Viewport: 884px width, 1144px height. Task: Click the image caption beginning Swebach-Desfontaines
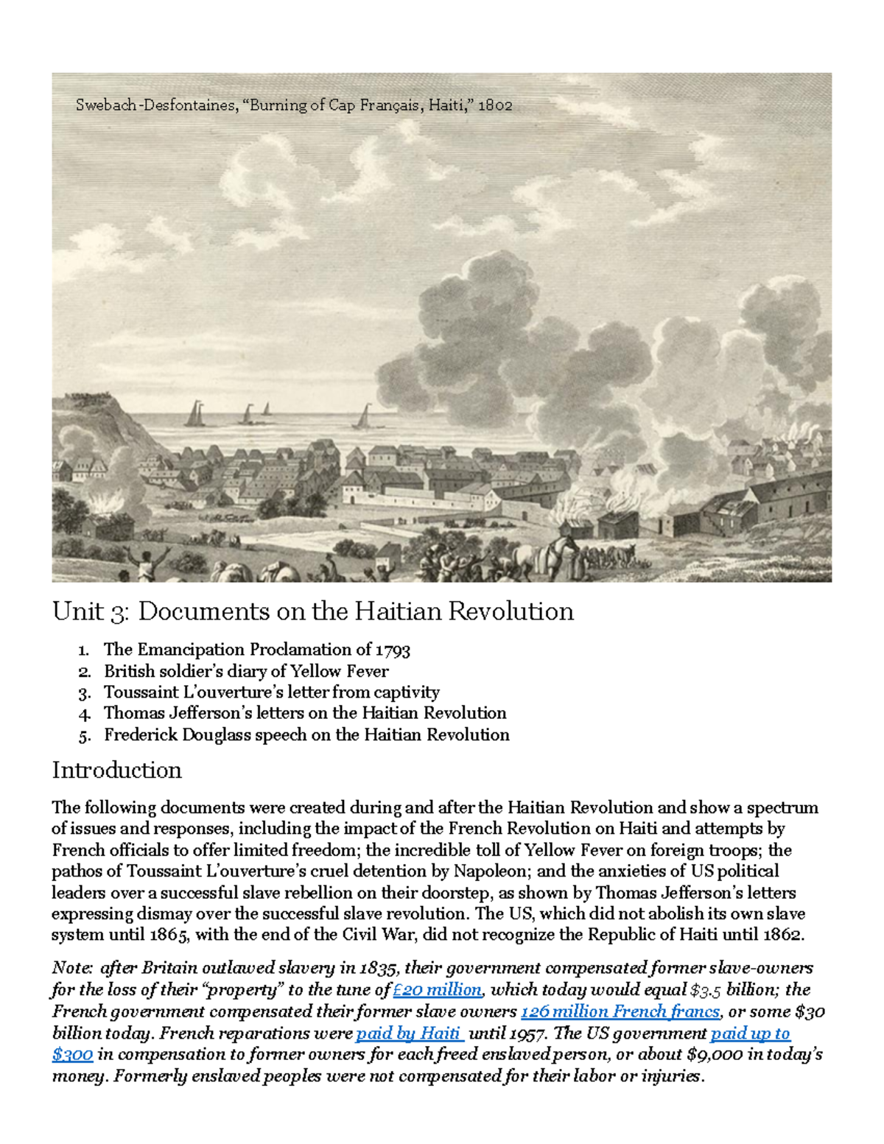[x=293, y=105]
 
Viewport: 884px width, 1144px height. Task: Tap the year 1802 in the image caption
[x=494, y=105]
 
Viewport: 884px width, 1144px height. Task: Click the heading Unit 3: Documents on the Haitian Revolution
[x=312, y=611]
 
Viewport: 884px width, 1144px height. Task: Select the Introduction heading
[x=116, y=771]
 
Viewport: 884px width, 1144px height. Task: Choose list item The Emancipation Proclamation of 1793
[x=256, y=650]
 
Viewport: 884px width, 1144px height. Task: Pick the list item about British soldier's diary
[x=245, y=671]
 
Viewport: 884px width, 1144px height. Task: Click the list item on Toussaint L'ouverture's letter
[x=271, y=692]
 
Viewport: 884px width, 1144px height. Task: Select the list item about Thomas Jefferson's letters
[x=304, y=713]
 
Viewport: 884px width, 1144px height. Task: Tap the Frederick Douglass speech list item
[x=306, y=735]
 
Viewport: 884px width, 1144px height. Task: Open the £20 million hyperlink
[x=438, y=990]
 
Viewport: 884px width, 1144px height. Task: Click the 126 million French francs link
[x=620, y=1011]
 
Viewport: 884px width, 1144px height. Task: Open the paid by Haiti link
[x=408, y=1034]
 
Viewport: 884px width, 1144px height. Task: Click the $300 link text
[x=72, y=1055]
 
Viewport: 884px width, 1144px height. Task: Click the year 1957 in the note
[x=527, y=1034]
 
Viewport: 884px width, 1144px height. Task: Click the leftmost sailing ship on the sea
[x=194, y=415]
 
